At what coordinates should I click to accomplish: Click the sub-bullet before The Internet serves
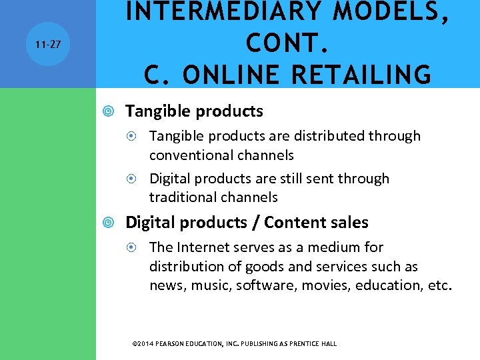tap(135, 247)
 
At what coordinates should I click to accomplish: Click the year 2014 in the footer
tap(146, 344)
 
